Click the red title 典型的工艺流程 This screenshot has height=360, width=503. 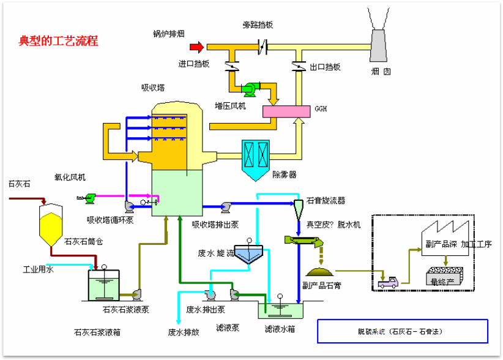59,42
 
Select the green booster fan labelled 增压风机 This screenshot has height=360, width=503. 251,90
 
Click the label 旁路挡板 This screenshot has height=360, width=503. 258,25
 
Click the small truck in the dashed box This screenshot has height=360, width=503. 387,282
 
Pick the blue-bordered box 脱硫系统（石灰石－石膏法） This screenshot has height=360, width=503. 402,331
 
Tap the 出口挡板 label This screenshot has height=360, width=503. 325,67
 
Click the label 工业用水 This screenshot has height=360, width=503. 39,269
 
